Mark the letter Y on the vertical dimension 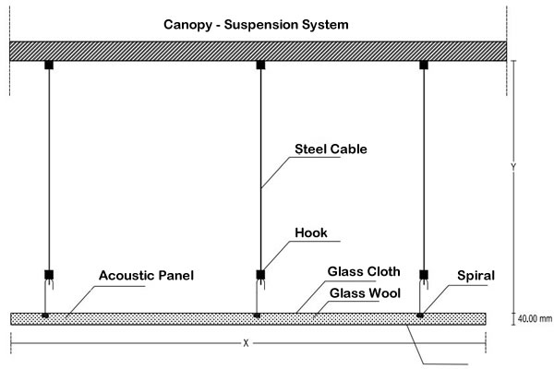[x=513, y=168]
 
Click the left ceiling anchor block [x=44, y=65]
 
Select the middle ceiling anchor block [x=260, y=65]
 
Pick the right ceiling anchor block [x=425, y=65]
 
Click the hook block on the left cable [x=44, y=274]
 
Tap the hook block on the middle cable [x=260, y=274]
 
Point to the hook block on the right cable [x=425, y=274]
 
